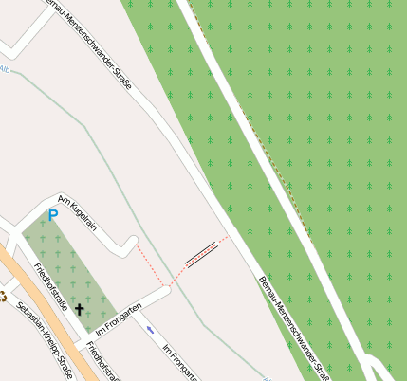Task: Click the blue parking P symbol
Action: [53, 216]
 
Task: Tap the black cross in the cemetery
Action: [80, 309]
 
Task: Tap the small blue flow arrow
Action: [150, 330]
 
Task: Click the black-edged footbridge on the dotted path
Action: [202, 253]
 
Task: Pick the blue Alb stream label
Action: [5, 69]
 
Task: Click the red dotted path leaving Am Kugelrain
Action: [152, 265]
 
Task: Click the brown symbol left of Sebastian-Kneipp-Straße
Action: [3, 297]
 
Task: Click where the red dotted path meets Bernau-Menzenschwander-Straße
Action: [228, 237]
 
